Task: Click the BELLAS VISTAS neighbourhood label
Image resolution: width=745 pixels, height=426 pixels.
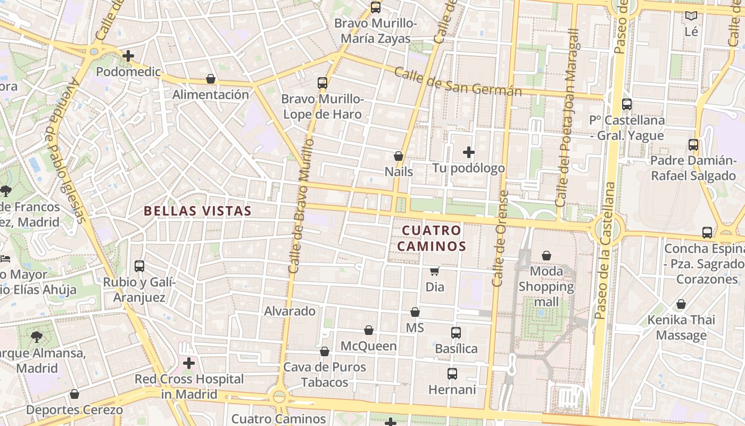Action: (197, 211)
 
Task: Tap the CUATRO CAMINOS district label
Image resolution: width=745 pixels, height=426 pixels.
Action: (432, 238)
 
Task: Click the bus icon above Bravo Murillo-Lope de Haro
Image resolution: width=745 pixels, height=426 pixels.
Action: (322, 83)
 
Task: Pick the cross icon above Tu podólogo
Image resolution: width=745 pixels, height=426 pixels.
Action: (469, 153)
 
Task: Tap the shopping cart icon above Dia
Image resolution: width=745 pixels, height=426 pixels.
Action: (435, 272)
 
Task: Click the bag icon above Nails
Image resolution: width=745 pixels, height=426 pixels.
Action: (399, 156)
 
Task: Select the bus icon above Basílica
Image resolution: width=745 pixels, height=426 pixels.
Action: (456, 333)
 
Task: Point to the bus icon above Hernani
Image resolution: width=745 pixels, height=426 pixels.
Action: (452, 374)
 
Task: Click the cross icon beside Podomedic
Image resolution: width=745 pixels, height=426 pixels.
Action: (128, 56)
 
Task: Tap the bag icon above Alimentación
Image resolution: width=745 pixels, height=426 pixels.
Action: (211, 79)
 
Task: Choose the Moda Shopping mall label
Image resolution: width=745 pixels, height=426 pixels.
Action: (547, 286)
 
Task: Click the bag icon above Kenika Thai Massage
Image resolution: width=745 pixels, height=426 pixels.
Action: (681, 305)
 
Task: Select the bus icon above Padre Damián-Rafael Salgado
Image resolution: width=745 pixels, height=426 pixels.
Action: (693, 145)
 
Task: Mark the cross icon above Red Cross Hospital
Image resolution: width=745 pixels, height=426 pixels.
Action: (189, 364)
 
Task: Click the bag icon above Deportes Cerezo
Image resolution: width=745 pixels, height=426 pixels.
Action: (74, 394)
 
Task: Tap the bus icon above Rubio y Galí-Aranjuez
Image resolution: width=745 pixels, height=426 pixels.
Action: (139, 266)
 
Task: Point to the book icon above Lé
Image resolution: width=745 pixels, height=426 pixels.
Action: (691, 16)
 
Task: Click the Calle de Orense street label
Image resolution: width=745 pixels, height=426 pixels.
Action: (500, 239)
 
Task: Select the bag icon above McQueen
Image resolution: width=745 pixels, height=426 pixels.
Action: (369, 331)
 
